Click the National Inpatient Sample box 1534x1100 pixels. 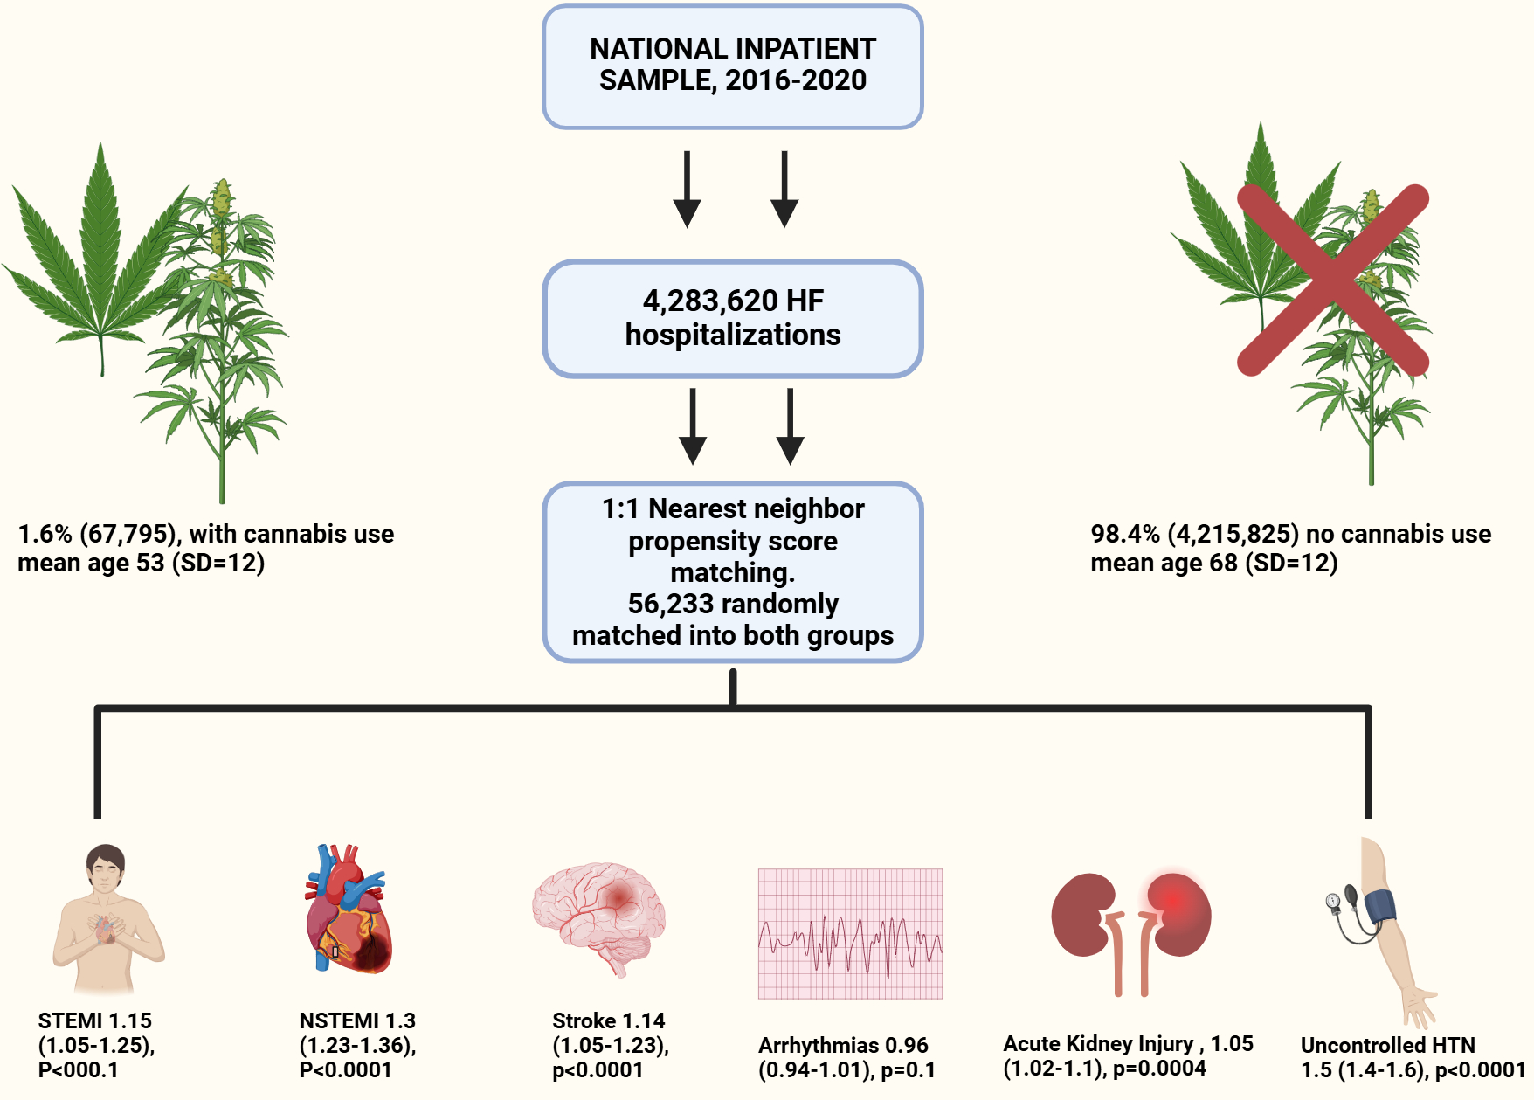[x=732, y=66]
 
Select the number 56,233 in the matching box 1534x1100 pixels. [x=673, y=604]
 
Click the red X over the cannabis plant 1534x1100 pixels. [x=1332, y=280]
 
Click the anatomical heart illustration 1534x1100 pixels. [x=348, y=910]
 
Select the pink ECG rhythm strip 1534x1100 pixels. [x=850, y=933]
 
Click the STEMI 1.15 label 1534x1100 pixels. [x=95, y=1021]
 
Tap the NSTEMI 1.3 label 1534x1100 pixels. [x=357, y=1021]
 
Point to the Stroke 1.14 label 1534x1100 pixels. [x=608, y=1021]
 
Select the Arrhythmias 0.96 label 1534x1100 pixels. [x=843, y=1046]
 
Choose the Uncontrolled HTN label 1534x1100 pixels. [x=1387, y=1046]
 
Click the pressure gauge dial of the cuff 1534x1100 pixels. [x=1332, y=901]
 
